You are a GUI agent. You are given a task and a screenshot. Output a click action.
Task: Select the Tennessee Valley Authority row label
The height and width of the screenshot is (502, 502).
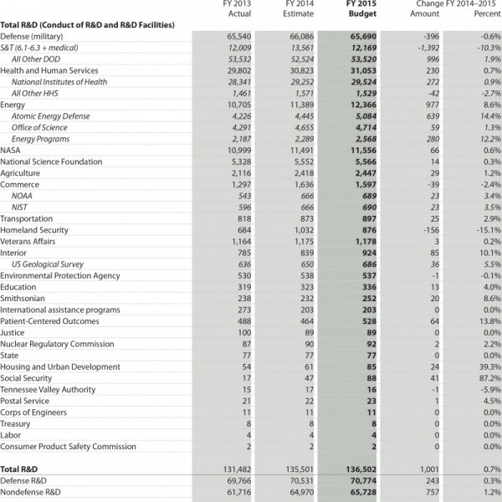48,390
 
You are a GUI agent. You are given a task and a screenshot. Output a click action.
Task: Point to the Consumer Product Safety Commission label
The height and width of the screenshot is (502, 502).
68,447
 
